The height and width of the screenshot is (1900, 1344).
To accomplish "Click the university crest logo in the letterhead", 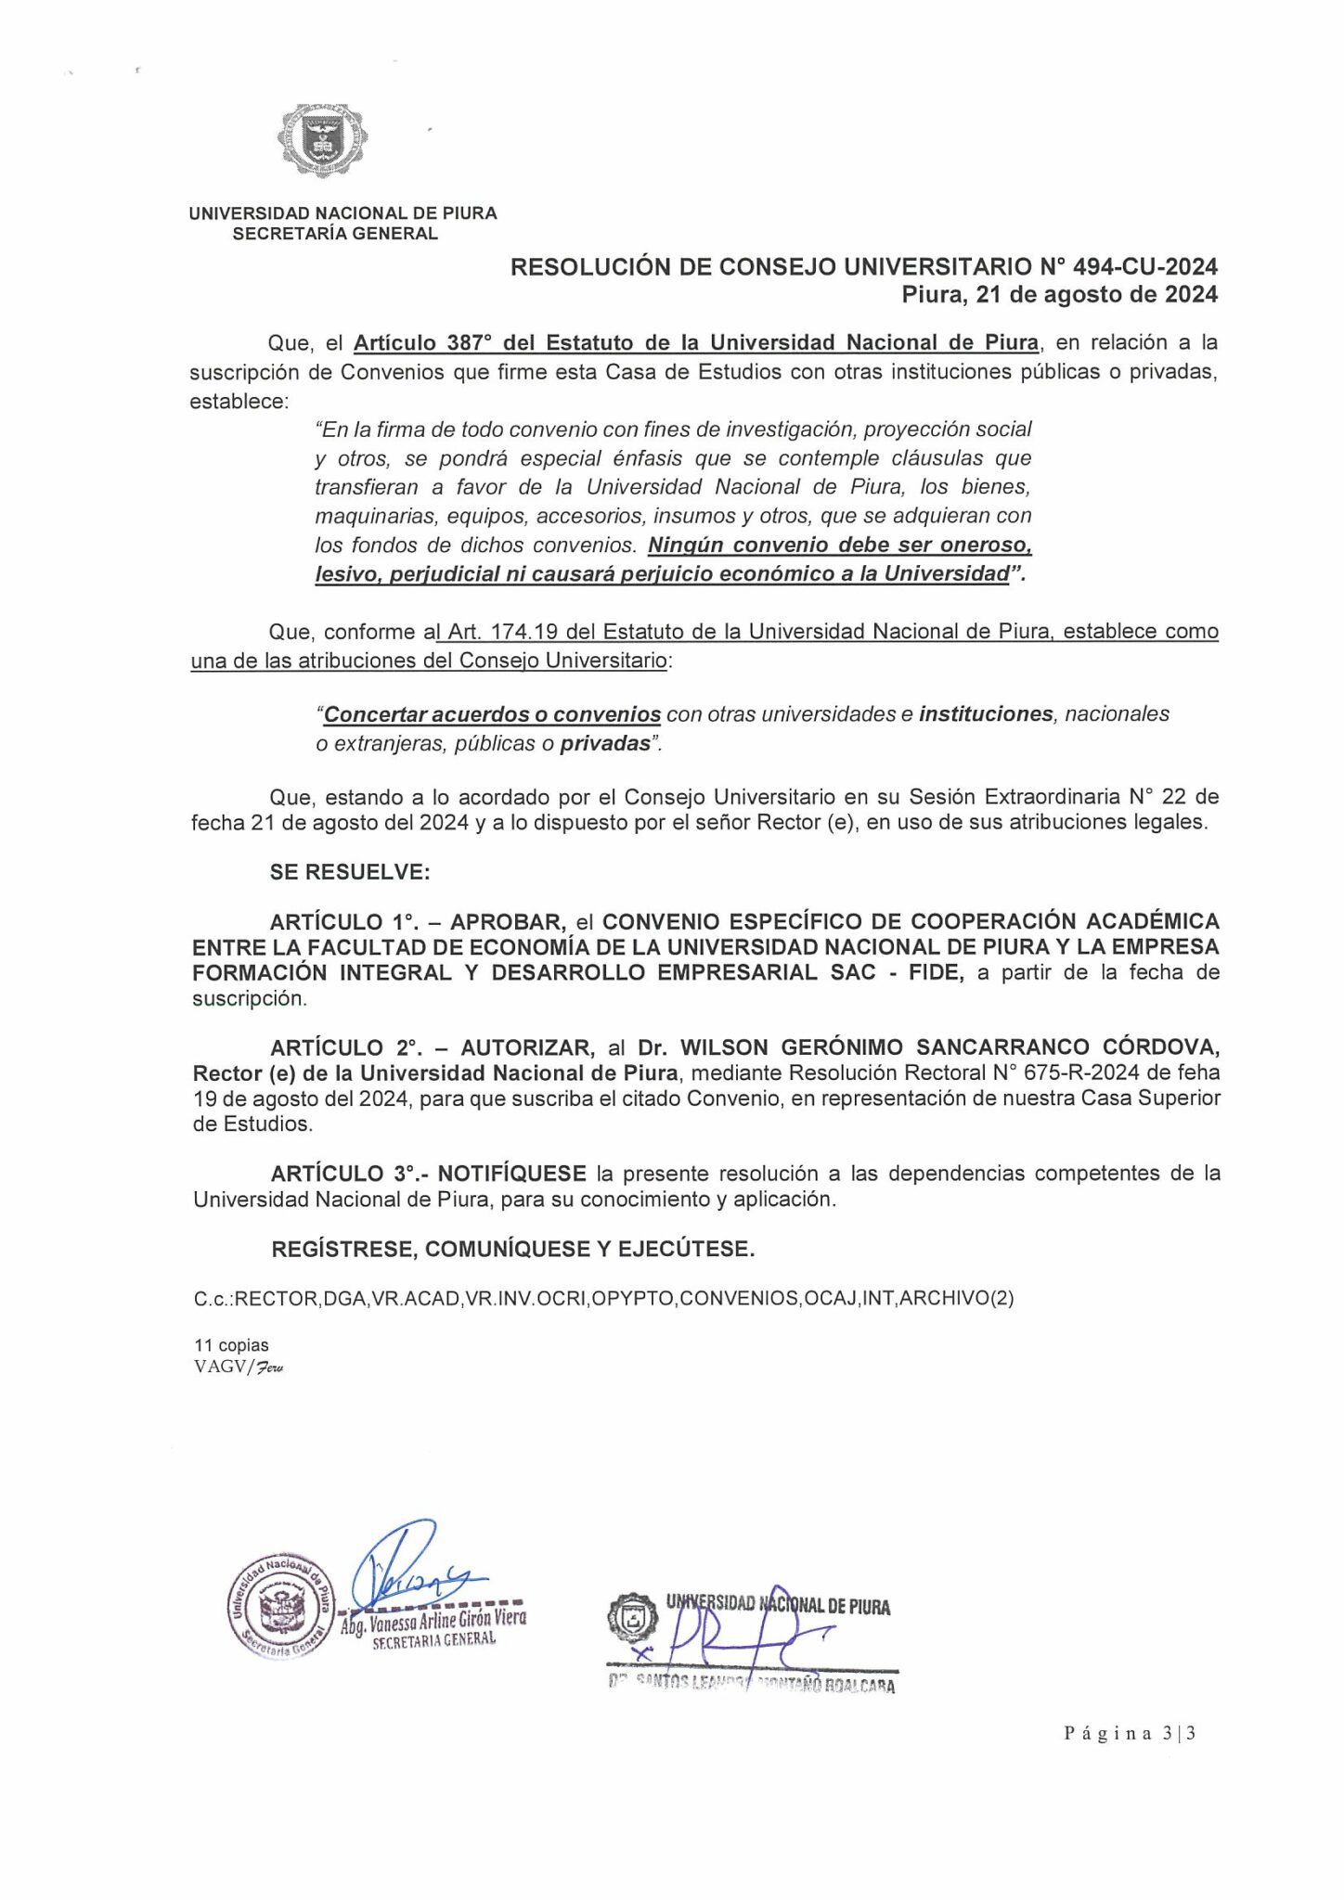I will point(321,140).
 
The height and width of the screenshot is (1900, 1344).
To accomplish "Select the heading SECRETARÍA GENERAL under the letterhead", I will point(335,234).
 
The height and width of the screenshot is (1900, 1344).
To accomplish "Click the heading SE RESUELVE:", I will point(349,872).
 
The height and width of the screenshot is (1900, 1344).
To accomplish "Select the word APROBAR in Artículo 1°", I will point(508,922).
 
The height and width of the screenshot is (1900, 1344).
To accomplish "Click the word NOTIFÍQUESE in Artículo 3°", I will point(511,1174).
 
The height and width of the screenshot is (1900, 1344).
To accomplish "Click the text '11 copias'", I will point(231,1345).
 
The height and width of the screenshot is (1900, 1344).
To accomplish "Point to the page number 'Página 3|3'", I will point(1129,1732).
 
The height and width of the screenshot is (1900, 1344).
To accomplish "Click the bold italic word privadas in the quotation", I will point(605,744).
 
